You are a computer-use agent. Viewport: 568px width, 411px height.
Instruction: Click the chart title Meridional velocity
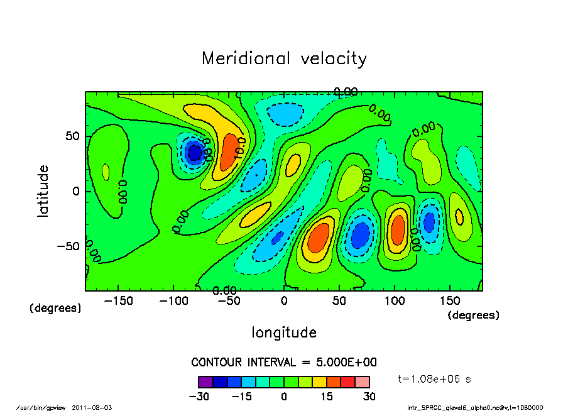[284, 58]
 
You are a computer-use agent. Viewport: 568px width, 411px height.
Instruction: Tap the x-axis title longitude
[284, 332]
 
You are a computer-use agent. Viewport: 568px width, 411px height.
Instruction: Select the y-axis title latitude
[43, 191]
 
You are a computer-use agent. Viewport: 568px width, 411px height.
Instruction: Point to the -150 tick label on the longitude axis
[118, 300]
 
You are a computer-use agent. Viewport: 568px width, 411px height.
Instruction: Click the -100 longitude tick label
[173, 300]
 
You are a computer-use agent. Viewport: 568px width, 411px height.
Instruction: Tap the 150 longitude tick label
[449, 300]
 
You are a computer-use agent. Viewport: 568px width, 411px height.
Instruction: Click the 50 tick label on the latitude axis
[72, 136]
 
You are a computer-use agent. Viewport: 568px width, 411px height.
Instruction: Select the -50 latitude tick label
[68, 246]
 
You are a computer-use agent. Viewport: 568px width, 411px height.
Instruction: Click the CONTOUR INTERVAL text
[283, 363]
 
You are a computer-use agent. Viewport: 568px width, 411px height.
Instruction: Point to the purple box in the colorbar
[205, 381]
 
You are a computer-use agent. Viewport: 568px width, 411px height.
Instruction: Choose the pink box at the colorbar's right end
[362, 381]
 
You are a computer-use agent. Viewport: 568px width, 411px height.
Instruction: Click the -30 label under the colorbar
[199, 397]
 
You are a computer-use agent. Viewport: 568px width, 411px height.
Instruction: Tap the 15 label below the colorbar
[327, 397]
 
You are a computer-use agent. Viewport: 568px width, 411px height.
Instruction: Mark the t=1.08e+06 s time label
[434, 379]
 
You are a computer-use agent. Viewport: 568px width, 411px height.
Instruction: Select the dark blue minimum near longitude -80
[194, 153]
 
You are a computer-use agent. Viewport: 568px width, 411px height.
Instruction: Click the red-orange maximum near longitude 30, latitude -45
[318, 238]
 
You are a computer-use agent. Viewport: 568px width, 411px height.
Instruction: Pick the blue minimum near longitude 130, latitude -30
[429, 222]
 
